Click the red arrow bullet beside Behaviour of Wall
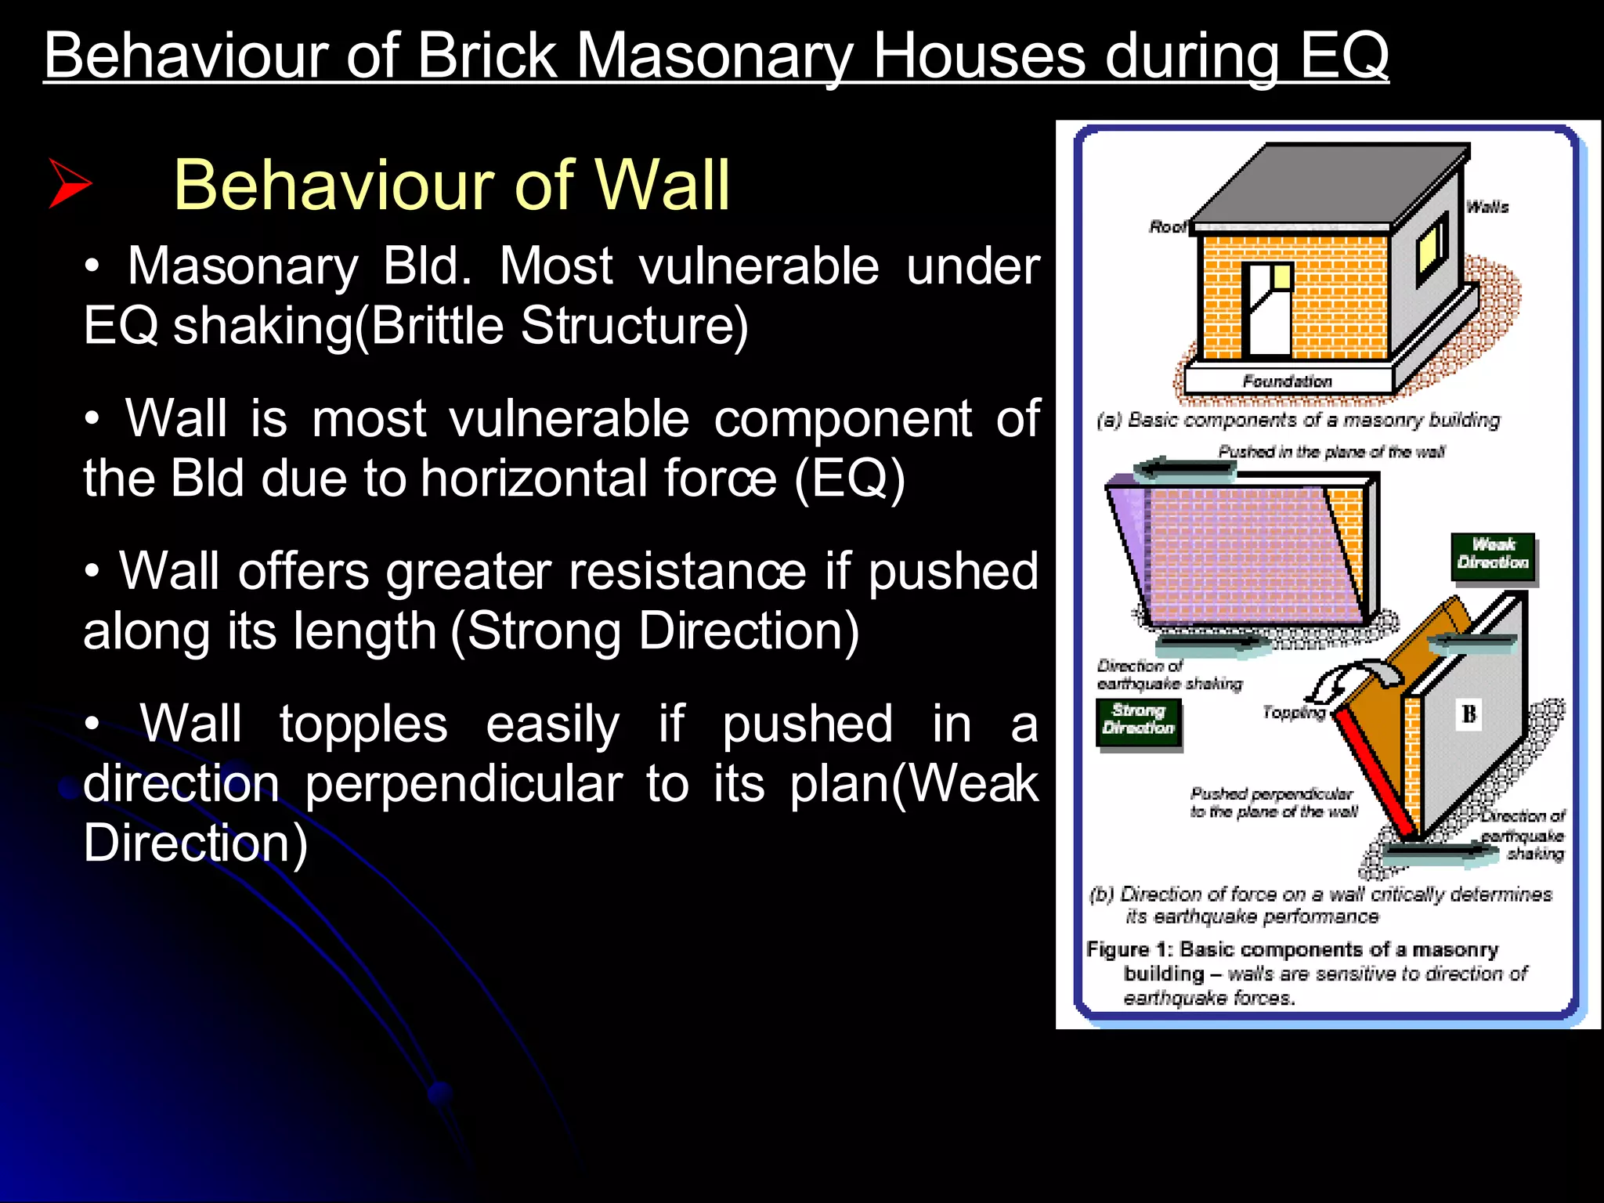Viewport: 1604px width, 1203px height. (x=70, y=184)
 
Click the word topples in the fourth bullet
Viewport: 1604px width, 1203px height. (x=363, y=724)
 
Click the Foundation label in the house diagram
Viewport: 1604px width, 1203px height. (x=1287, y=381)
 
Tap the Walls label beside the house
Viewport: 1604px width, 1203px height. (x=1487, y=207)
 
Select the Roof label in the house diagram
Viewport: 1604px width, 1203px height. (x=1167, y=227)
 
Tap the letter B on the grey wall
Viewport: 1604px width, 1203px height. (x=1469, y=713)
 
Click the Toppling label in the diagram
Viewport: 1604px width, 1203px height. (x=1293, y=712)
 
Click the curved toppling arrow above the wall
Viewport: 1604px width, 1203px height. (x=1355, y=677)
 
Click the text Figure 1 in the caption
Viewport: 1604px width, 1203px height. (x=1126, y=949)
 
